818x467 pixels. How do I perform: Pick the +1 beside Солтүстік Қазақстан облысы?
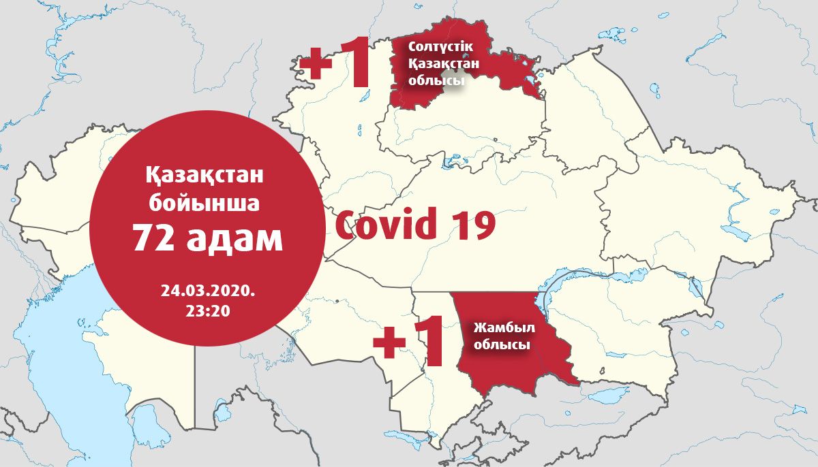coord(335,66)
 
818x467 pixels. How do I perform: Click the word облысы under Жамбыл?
coord(502,345)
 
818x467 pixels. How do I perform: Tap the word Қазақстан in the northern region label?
coord(443,63)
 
